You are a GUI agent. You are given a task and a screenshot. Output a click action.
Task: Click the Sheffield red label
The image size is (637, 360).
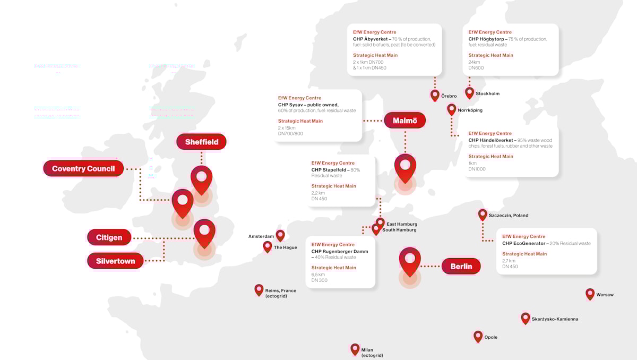[x=201, y=142]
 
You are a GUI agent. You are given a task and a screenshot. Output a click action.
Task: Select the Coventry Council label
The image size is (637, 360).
[x=83, y=169]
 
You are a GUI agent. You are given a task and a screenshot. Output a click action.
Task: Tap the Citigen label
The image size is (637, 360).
[x=109, y=237]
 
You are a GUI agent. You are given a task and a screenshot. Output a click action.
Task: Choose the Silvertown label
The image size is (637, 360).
[x=115, y=261]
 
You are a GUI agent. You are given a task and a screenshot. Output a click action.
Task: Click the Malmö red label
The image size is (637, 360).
[x=404, y=121]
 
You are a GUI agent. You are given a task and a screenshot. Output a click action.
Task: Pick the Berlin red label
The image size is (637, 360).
[x=461, y=267]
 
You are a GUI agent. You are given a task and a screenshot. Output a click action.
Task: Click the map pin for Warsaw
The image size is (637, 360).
[x=590, y=294]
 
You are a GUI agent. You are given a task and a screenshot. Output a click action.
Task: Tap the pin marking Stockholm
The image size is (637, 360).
[x=469, y=92]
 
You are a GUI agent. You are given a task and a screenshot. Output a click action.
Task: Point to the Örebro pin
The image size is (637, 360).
[x=435, y=95]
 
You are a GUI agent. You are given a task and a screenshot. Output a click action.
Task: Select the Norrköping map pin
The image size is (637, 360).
[x=451, y=109]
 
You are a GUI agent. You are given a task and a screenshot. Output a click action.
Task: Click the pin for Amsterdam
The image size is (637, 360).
[x=280, y=235]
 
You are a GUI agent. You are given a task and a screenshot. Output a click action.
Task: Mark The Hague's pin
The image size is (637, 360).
[x=268, y=246]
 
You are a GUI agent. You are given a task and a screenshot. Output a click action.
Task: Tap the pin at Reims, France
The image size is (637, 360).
[x=259, y=289]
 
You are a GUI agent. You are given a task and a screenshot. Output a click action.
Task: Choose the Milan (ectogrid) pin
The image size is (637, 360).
[x=355, y=348]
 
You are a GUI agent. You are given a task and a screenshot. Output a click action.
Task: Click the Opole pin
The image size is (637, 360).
[x=478, y=336]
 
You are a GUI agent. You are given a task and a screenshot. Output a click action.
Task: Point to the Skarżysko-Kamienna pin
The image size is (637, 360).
[x=526, y=318]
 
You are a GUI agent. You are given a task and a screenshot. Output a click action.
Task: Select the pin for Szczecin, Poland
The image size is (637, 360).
[x=483, y=215]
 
